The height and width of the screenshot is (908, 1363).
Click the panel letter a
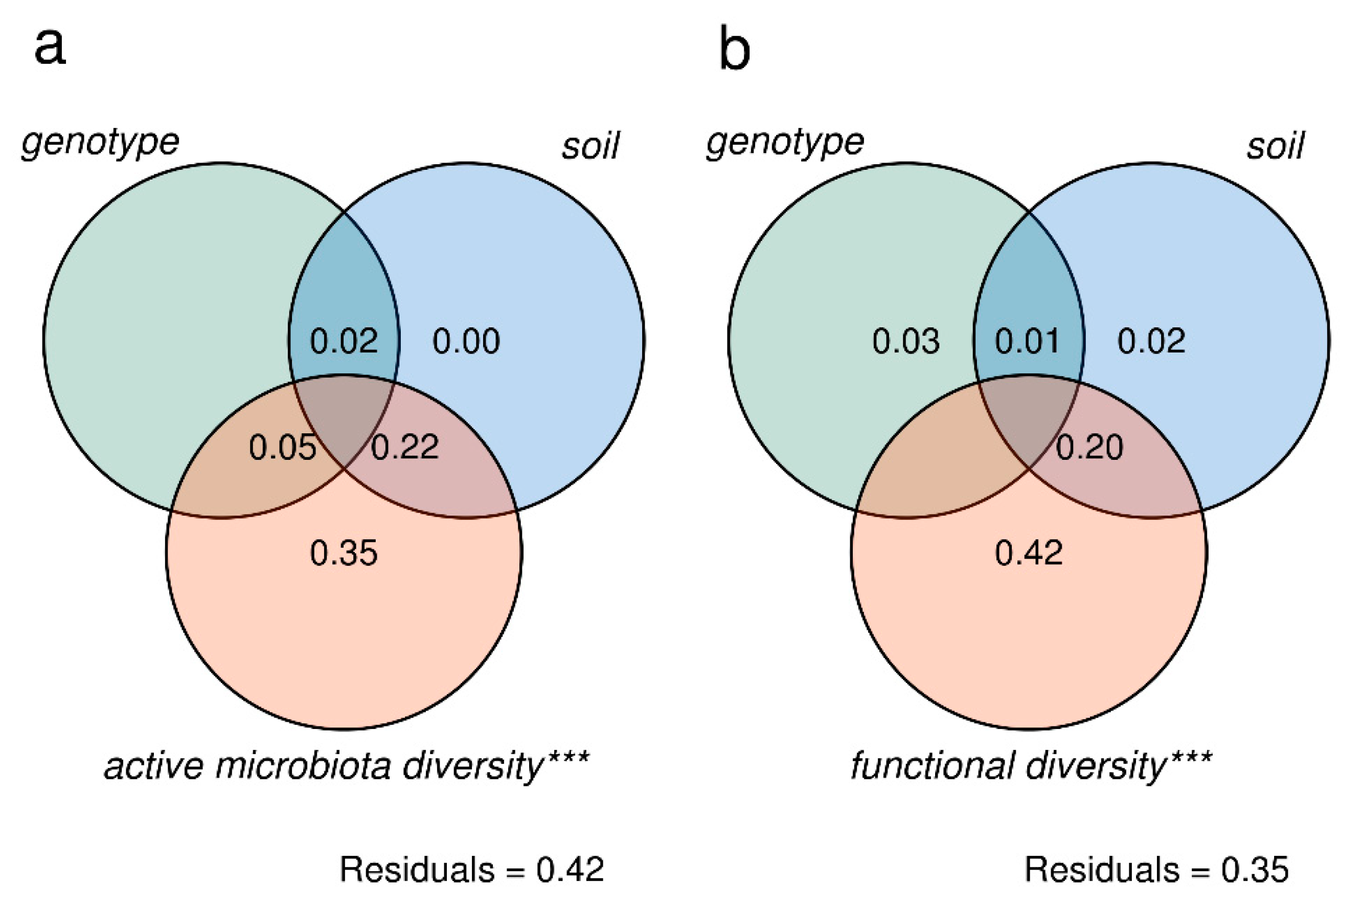[x=50, y=47]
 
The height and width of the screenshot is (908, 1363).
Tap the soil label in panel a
[x=590, y=146]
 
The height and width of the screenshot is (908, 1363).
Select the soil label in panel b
[x=1275, y=146]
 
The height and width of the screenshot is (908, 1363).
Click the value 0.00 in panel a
[x=466, y=341]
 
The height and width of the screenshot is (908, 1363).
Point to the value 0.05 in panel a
[x=282, y=447]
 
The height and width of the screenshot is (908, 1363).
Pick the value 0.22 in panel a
[x=404, y=447]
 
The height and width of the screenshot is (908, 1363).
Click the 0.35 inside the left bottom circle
[x=344, y=553]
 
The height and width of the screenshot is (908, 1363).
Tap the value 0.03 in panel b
[x=906, y=341]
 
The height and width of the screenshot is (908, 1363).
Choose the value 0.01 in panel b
[x=1027, y=341]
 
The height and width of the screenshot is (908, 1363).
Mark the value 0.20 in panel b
[x=1089, y=447]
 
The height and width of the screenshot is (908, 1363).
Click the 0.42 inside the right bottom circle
[x=1029, y=553]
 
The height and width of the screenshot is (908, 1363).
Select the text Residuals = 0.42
[x=472, y=869]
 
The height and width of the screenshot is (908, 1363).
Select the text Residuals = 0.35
[x=1156, y=869]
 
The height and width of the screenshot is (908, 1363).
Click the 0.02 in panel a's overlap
[x=344, y=341]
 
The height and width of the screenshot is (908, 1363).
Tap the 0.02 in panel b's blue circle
[x=1151, y=341]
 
